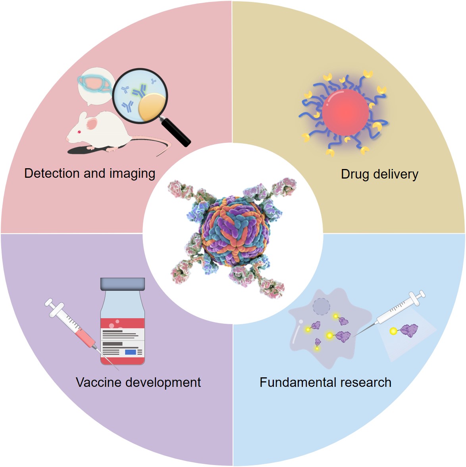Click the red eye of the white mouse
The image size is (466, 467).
79,132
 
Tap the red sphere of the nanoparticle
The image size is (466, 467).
345,112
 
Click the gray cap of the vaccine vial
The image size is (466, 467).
122,284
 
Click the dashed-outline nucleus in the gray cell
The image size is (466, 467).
321,307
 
